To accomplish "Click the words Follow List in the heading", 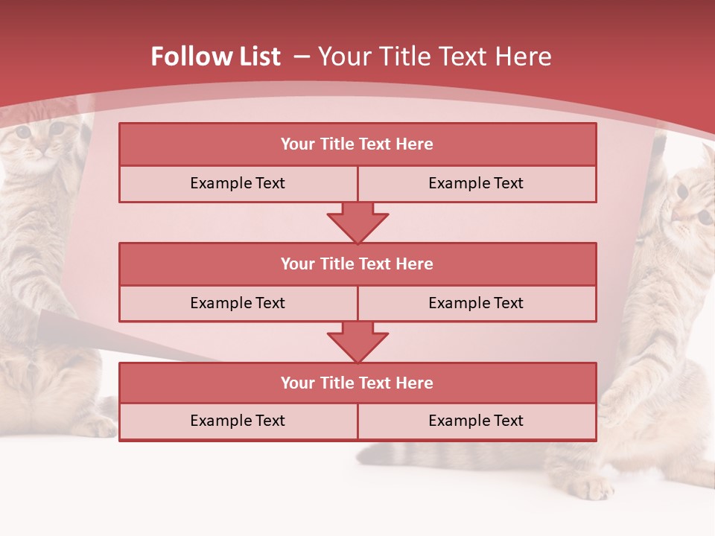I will pos(216,57).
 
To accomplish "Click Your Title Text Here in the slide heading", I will pos(434,57).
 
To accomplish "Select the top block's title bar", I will pos(357,144).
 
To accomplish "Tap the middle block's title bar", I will pos(357,264).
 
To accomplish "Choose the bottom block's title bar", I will pos(357,383).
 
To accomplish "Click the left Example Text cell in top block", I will pos(238,183).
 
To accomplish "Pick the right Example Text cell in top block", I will pos(477,183).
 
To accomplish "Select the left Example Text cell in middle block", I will pos(238,303).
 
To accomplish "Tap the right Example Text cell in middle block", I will pos(477,303).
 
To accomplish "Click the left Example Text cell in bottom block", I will pos(238,421).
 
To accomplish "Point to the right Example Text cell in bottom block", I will pos(477,421).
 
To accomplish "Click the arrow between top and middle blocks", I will pos(357,223).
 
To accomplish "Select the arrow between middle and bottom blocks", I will pos(357,342).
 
